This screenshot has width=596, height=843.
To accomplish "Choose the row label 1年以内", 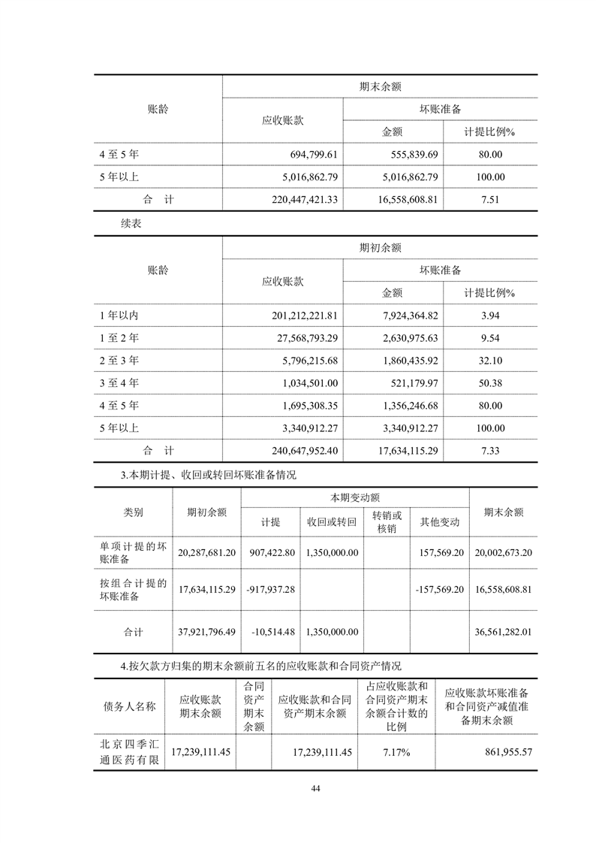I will click(119, 315).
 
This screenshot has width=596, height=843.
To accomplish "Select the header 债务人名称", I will click(129, 706).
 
